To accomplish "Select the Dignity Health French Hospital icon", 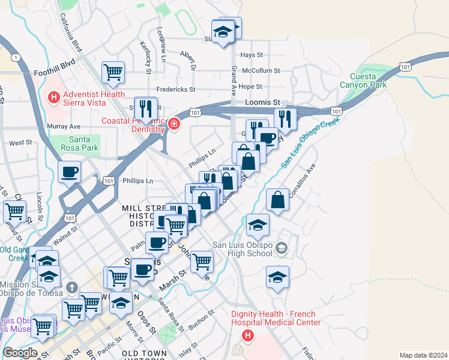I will pos(246,335).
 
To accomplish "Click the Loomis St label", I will pos(263,103).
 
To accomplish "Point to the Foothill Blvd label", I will pos(55,61).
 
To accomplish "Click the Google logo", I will pos(20,353).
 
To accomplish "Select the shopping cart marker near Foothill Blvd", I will pos(113,73).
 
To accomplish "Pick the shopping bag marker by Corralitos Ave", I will pos(277,200).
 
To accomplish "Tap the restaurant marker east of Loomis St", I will pos(286,119).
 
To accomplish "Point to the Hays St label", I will pos(252,55).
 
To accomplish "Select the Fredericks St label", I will pos(176,89).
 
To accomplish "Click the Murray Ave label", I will pos(64,127).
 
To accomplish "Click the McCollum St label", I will pos(261,70).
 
